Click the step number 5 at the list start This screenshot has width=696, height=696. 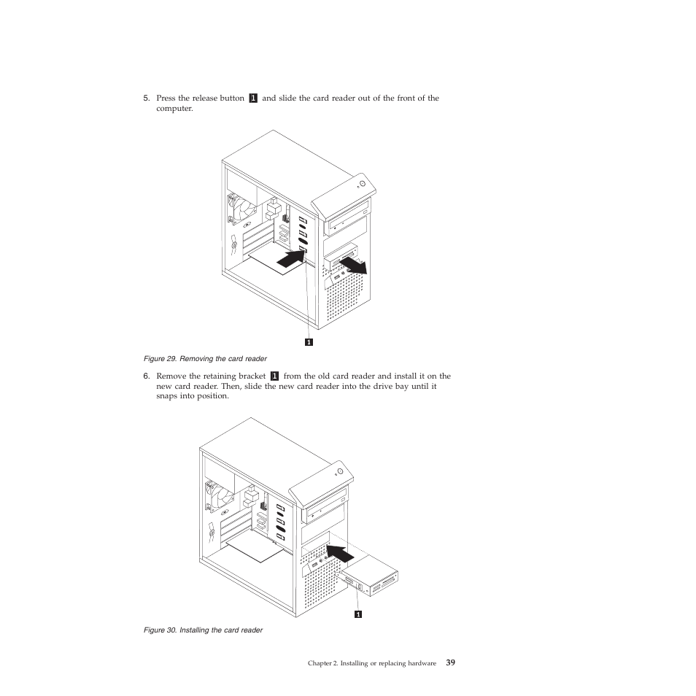[x=145, y=98]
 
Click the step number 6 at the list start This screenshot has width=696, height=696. [x=145, y=377]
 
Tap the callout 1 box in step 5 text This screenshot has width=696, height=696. [x=253, y=98]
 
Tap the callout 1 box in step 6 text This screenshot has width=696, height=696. [x=274, y=377]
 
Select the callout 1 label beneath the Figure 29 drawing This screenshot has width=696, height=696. [x=309, y=341]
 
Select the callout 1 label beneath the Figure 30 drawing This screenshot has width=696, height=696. [x=358, y=614]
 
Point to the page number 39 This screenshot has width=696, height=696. [x=451, y=663]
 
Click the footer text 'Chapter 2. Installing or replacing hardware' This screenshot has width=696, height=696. [x=371, y=664]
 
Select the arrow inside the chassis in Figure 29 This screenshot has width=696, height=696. [x=292, y=257]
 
